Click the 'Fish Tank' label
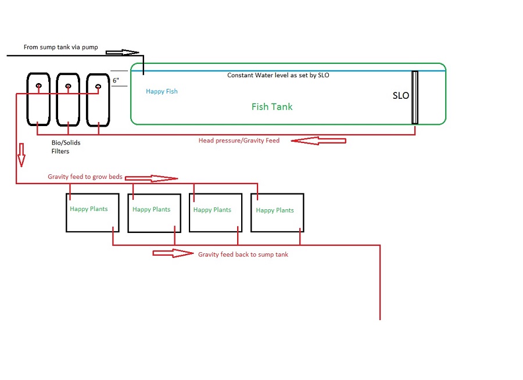tap(272, 107)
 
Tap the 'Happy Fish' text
tap(162, 91)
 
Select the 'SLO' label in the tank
tap(401, 96)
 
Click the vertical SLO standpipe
tap(415, 97)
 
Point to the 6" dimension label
tap(116, 81)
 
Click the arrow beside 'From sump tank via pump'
tap(123, 52)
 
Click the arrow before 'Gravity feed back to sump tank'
tap(173, 253)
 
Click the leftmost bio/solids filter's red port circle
tap(38, 87)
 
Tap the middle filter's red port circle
tap(68, 87)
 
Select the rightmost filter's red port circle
tap(98, 87)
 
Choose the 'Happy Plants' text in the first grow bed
tap(89, 209)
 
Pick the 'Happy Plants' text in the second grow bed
tap(151, 210)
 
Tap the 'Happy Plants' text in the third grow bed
tap(212, 210)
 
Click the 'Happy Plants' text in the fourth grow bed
tap(275, 210)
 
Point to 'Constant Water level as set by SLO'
tap(278, 76)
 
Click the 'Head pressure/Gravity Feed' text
tap(239, 141)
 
